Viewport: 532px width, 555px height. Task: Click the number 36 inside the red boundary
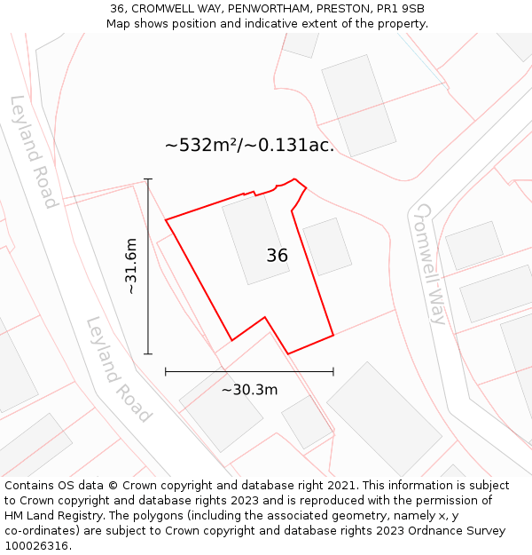click(x=277, y=256)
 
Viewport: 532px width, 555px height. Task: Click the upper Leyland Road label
click(x=34, y=152)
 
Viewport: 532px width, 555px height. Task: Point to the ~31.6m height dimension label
click(x=130, y=266)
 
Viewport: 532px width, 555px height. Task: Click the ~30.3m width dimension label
click(x=249, y=390)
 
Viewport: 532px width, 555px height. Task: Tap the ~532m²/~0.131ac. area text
click(x=249, y=145)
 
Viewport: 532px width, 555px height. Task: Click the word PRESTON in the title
click(x=341, y=9)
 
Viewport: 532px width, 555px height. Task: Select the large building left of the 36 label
click(x=255, y=240)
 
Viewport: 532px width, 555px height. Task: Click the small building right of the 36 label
click(x=327, y=246)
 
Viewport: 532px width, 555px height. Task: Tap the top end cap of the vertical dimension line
click(x=148, y=179)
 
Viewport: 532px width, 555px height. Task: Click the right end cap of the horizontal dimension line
click(x=333, y=371)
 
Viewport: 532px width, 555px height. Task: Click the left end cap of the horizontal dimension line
click(x=166, y=371)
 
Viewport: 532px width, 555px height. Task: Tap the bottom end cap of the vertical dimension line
click(x=148, y=354)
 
